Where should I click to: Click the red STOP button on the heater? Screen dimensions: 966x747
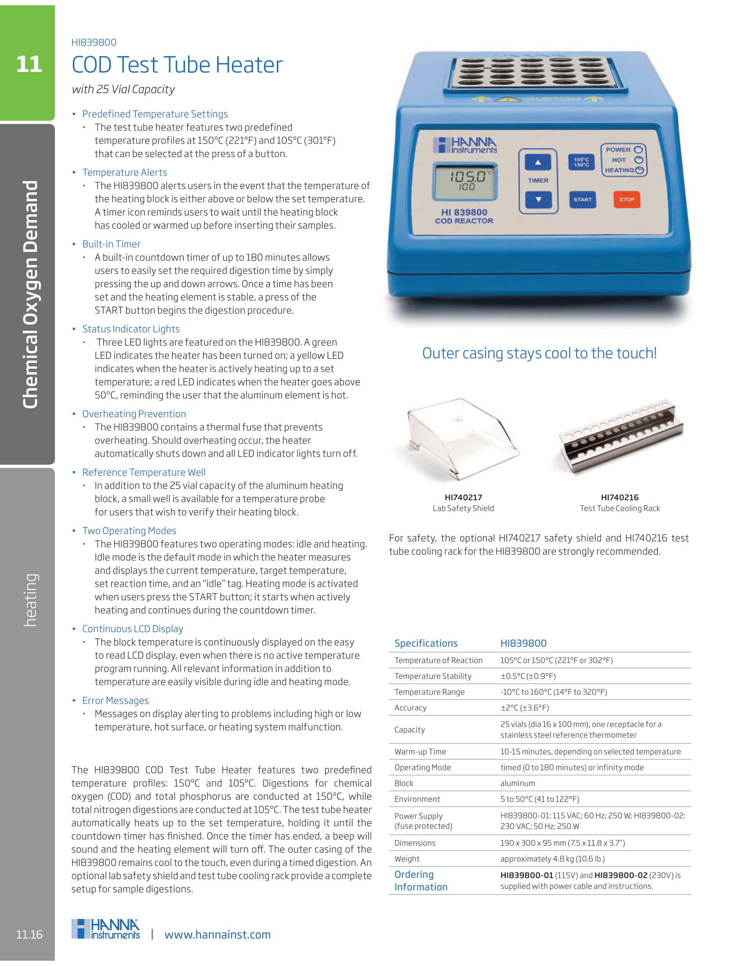(626, 199)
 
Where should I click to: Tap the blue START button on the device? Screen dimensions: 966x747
(582, 199)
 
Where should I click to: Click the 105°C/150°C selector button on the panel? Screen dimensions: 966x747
(581, 162)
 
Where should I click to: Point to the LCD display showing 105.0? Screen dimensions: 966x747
(464, 181)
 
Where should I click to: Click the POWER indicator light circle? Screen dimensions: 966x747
(638, 149)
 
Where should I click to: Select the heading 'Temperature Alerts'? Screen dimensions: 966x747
(124, 173)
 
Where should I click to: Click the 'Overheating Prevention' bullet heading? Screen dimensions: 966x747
(134, 414)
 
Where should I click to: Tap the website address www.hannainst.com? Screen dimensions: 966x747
(217, 934)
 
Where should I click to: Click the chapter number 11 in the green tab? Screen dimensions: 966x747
(29, 65)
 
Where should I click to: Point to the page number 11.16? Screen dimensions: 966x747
(29, 934)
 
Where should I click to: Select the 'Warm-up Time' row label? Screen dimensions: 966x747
(420, 751)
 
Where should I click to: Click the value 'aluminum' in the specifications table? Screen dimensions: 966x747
(517, 783)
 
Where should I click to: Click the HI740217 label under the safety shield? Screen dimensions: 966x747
(463, 497)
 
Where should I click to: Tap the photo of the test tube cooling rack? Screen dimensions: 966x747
(620, 438)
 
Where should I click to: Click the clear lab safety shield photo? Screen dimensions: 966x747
(462, 438)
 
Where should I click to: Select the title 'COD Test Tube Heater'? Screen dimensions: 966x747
(177, 65)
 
